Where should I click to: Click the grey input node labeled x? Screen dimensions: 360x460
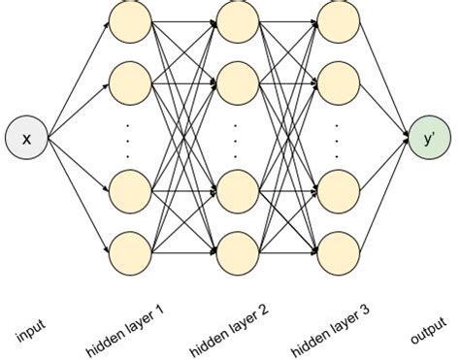(26, 139)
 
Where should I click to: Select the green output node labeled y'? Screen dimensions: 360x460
(429, 137)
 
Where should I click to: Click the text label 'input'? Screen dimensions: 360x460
(30, 334)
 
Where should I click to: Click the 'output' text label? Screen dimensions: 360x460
(428, 331)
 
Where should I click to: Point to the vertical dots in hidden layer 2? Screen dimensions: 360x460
(236, 137)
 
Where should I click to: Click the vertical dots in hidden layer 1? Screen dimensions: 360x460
(129, 137)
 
